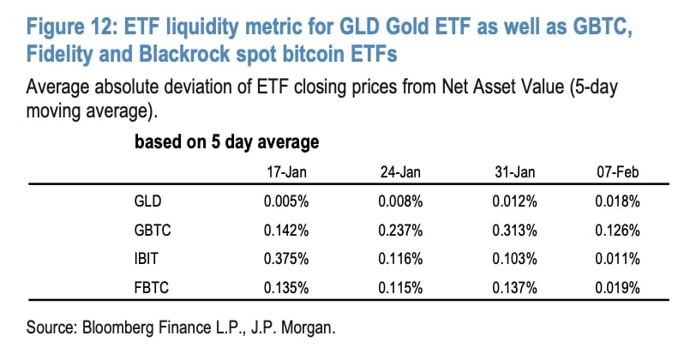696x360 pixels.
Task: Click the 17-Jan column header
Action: click(x=287, y=173)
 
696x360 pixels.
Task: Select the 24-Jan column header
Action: click(x=399, y=173)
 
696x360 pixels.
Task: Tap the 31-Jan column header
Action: click(x=516, y=173)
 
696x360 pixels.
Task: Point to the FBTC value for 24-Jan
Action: click(x=398, y=285)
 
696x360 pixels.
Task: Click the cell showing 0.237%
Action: click(x=398, y=231)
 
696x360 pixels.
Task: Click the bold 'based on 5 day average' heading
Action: click(x=226, y=142)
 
